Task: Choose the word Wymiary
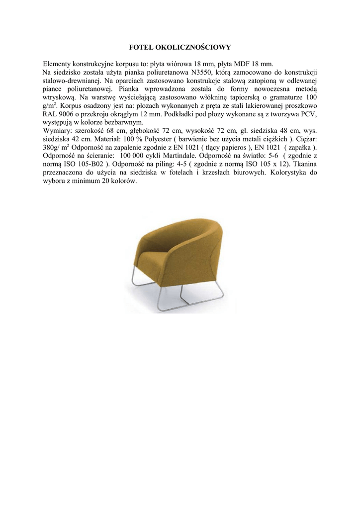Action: click(x=57, y=131)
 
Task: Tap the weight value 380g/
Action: click(x=52, y=148)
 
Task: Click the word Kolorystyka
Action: click(x=287, y=173)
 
